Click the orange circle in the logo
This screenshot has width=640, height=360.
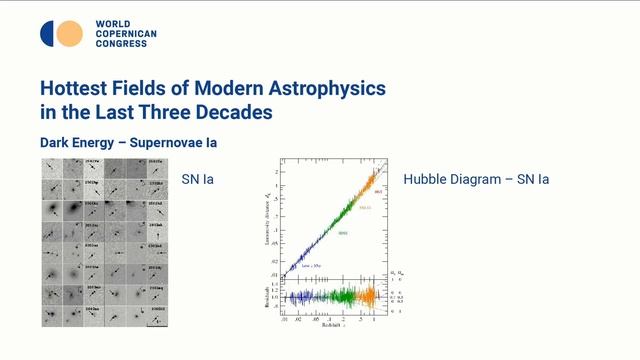(69, 34)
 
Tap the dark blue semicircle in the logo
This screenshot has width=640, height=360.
(47, 34)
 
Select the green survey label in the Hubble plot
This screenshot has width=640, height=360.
(341, 233)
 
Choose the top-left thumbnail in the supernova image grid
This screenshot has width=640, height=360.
(51, 167)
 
